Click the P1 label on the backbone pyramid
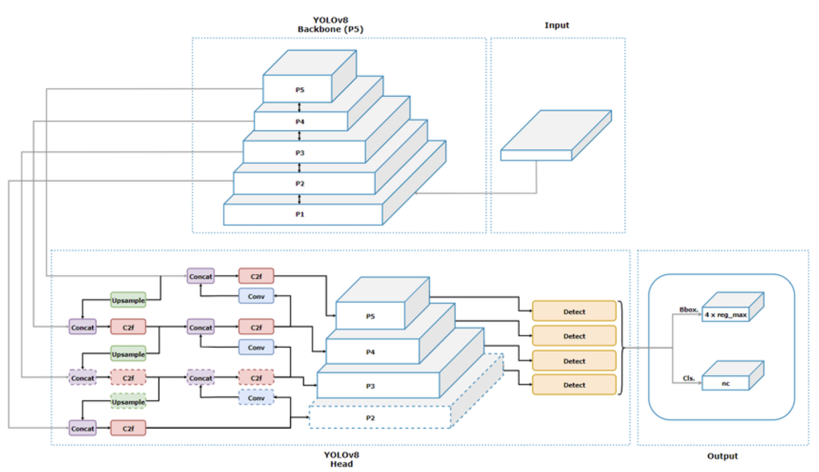[299, 214]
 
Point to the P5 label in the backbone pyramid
[299, 90]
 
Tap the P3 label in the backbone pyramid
[299, 153]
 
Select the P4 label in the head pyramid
[370, 352]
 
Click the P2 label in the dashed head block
[370, 418]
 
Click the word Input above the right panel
[556, 25]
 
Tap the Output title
[722, 456]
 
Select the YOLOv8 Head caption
[341, 459]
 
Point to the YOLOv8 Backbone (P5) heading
[330, 25]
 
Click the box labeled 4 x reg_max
[725, 315]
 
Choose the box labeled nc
[725, 383]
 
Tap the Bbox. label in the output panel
[688, 310]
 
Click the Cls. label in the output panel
[688, 378]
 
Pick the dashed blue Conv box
[256, 398]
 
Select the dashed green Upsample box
[128, 402]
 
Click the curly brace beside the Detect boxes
[621, 348]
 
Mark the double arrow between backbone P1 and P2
[299, 199]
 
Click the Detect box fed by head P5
[574, 312]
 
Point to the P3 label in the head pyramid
[370, 387]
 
